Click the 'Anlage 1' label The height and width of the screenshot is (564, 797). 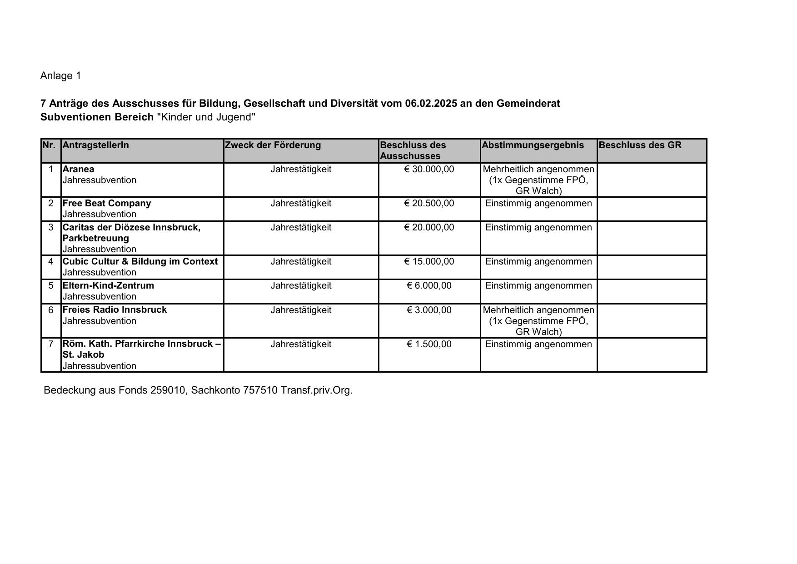click(60, 76)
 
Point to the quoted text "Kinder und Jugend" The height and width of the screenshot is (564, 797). click(206, 117)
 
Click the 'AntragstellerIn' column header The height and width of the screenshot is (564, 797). click(96, 145)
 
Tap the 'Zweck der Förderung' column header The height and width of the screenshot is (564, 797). click(273, 145)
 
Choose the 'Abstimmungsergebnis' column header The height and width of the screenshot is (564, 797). click(533, 145)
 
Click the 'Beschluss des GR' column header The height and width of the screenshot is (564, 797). click(640, 145)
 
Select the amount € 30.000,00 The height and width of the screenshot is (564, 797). click(429, 170)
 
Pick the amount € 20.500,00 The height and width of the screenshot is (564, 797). click(429, 204)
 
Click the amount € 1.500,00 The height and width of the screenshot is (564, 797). click(429, 344)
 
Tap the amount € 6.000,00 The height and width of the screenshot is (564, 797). click(429, 286)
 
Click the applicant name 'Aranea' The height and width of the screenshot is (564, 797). click(79, 170)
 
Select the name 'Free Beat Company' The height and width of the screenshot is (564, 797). click(107, 204)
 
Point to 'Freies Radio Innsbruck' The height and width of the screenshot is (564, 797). click(115, 310)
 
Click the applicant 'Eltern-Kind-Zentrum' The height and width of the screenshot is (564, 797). click(108, 286)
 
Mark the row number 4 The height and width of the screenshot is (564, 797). click(51, 262)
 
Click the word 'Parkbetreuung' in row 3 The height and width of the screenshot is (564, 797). click(96, 239)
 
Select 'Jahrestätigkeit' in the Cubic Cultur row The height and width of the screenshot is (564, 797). click(301, 262)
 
